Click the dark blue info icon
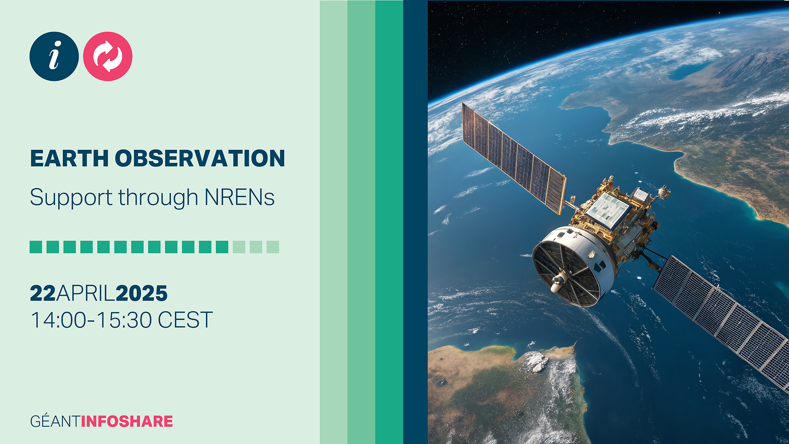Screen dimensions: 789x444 [x=54, y=56]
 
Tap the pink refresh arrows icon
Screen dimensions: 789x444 [x=108, y=56]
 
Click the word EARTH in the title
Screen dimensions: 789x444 [x=69, y=158]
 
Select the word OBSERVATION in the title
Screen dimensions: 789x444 [x=200, y=158]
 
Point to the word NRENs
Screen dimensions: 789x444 [x=240, y=197]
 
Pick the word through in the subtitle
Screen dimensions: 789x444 [x=159, y=198]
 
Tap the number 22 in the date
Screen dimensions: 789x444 [x=43, y=293]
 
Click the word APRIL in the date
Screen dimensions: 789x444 [x=85, y=293]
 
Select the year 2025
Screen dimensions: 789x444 [x=142, y=293]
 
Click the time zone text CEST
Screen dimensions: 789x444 [x=185, y=320]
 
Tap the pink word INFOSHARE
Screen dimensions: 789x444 [x=127, y=421]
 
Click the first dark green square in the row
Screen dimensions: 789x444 [x=36, y=247]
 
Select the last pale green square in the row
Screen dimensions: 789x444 [x=273, y=247]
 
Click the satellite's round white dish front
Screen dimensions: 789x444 [x=566, y=273]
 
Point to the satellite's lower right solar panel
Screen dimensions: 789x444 [x=721, y=321]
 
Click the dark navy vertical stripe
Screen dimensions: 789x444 [x=415, y=222]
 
